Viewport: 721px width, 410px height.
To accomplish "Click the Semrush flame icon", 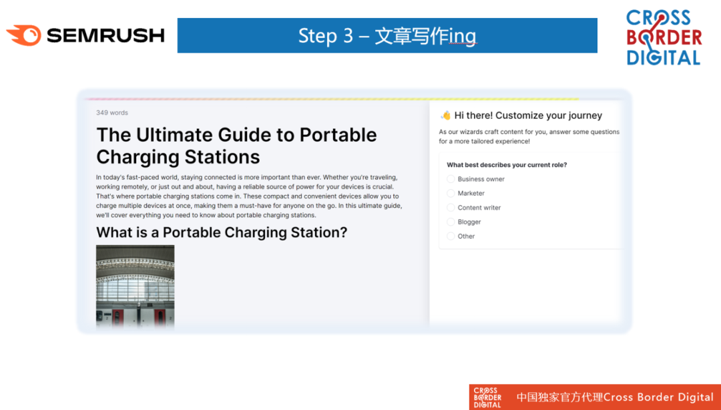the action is [x=23, y=35].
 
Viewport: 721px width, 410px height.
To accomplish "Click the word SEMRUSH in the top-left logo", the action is [x=105, y=35].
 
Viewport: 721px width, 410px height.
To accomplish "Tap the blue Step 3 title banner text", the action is [x=387, y=36].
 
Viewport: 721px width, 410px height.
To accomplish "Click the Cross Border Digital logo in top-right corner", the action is [x=664, y=38].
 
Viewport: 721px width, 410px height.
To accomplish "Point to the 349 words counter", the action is [x=112, y=113].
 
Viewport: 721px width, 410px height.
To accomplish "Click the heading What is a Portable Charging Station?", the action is [x=222, y=232].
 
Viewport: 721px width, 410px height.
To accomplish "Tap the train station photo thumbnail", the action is [x=135, y=286].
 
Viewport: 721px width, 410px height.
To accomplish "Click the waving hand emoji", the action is [x=445, y=115].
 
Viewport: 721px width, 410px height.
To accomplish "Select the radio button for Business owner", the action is [x=451, y=179].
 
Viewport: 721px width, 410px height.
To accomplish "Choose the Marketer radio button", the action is [x=451, y=193].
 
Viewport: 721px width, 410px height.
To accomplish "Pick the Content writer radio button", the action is [x=451, y=208].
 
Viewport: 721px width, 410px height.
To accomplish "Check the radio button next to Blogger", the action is [x=451, y=222].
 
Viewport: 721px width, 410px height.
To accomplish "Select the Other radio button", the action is [x=451, y=236].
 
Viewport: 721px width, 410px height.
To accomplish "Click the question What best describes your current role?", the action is [x=507, y=165].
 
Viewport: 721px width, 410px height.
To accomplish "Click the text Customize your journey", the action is [x=549, y=116].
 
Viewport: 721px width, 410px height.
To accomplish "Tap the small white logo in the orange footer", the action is [x=487, y=397].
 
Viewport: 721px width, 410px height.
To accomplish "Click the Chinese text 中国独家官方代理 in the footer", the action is [x=559, y=397].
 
